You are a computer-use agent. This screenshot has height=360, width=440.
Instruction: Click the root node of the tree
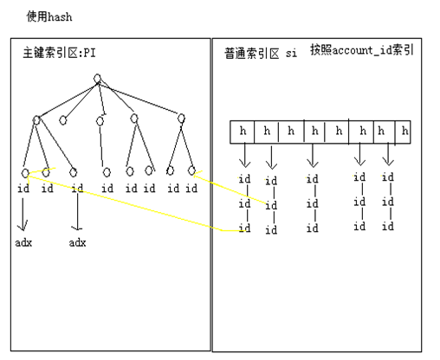[x=97, y=80]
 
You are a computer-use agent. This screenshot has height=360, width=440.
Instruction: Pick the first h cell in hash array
[x=243, y=132]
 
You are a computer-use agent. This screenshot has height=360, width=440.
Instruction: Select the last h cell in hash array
[x=405, y=132]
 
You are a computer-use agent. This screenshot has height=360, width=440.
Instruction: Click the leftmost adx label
[x=23, y=243]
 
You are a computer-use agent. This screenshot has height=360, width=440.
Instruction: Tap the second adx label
[x=78, y=243]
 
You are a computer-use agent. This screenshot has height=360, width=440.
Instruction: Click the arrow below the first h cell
[x=244, y=157]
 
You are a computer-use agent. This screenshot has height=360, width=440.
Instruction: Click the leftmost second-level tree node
[x=36, y=120]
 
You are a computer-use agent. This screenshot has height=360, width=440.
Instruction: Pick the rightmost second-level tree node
[x=181, y=119]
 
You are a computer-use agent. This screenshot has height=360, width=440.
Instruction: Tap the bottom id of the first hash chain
[x=245, y=228]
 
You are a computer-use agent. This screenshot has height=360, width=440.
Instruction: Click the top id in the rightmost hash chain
[x=388, y=177]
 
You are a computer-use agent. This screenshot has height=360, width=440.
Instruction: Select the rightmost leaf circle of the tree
[x=191, y=170]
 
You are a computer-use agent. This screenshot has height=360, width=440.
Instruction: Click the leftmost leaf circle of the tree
[x=24, y=171]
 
